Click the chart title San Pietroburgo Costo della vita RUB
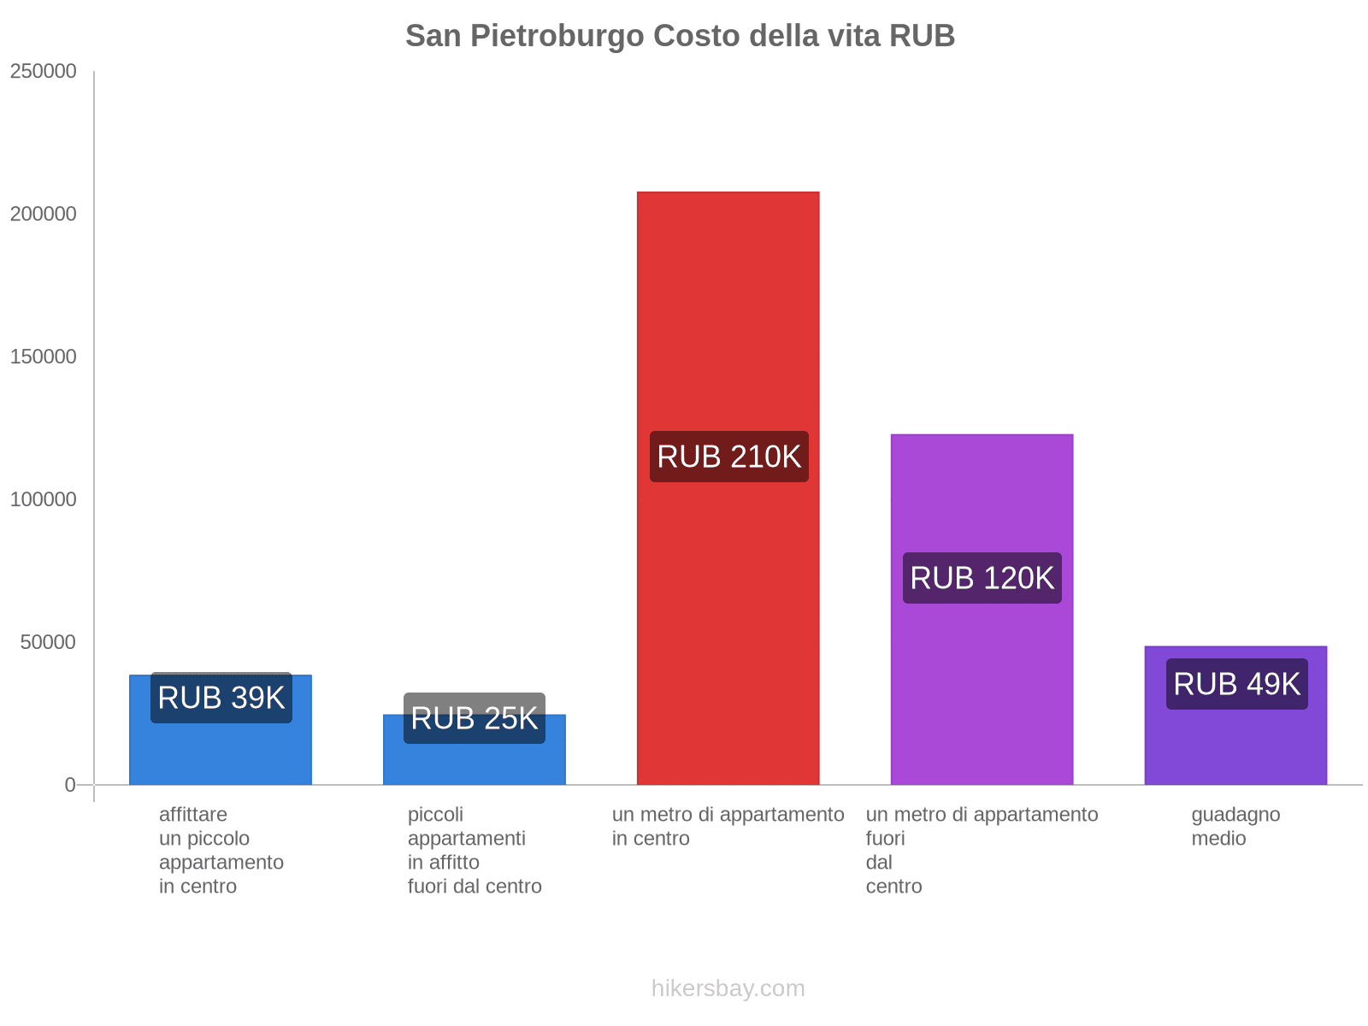coord(680,36)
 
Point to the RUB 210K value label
coord(728,457)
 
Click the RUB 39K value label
coord(221,698)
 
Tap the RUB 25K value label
coord(475,718)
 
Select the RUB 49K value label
coord(1236,684)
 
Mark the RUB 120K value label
coord(982,578)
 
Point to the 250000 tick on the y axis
coord(44,71)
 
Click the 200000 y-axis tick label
coord(44,214)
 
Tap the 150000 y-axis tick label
coord(44,357)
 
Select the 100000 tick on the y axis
coord(44,499)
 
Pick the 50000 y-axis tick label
coord(49,642)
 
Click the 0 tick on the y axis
coord(70,785)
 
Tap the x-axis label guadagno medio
coord(1235,826)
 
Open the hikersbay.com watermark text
coord(728,988)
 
